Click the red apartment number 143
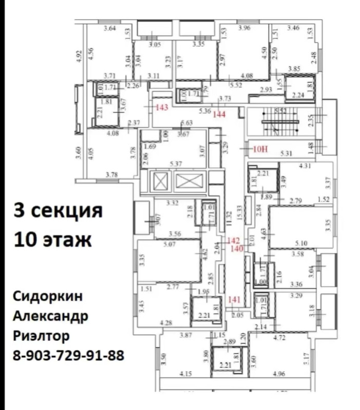pos(162,107)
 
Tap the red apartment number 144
pos(220,114)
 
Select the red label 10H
pos(261,149)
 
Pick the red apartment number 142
pos(234,240)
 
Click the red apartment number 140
pos(236,249)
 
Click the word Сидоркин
pos(47,297)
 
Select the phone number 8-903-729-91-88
pos(67,355)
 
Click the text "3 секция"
pos(58,210)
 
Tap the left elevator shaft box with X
pos(160,181)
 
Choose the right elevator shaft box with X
pos(189,181)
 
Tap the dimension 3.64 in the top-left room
pos(110,28)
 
